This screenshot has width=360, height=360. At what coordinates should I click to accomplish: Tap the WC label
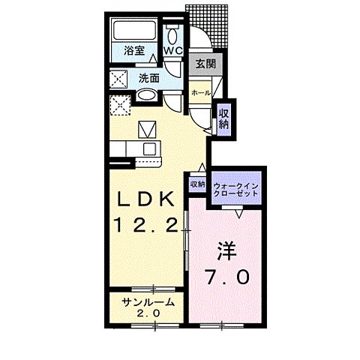tap(173, 51)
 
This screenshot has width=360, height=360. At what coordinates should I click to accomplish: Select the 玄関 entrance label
tap(205, 64)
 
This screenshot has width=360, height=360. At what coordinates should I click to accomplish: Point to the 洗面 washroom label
tap(148, 77)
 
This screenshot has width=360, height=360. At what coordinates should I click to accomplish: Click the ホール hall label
tap(199, 92)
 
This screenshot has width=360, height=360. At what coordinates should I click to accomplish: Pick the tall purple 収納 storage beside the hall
tap(223, 118)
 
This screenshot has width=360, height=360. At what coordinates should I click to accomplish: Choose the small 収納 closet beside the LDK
tap(197, 184)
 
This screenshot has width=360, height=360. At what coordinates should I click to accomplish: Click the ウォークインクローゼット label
tap(236, 188)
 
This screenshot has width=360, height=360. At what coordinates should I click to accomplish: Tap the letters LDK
tap(148, 199)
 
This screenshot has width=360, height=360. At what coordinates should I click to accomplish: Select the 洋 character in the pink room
tap(227, 250)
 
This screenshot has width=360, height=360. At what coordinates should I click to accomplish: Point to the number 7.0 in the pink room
tap(227, 277)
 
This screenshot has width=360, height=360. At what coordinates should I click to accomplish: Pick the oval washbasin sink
tap(147, 96)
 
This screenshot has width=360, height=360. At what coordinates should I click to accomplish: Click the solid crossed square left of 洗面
tap(118, 78)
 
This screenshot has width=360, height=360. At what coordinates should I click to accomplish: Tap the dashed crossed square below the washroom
tap(119, 105)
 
